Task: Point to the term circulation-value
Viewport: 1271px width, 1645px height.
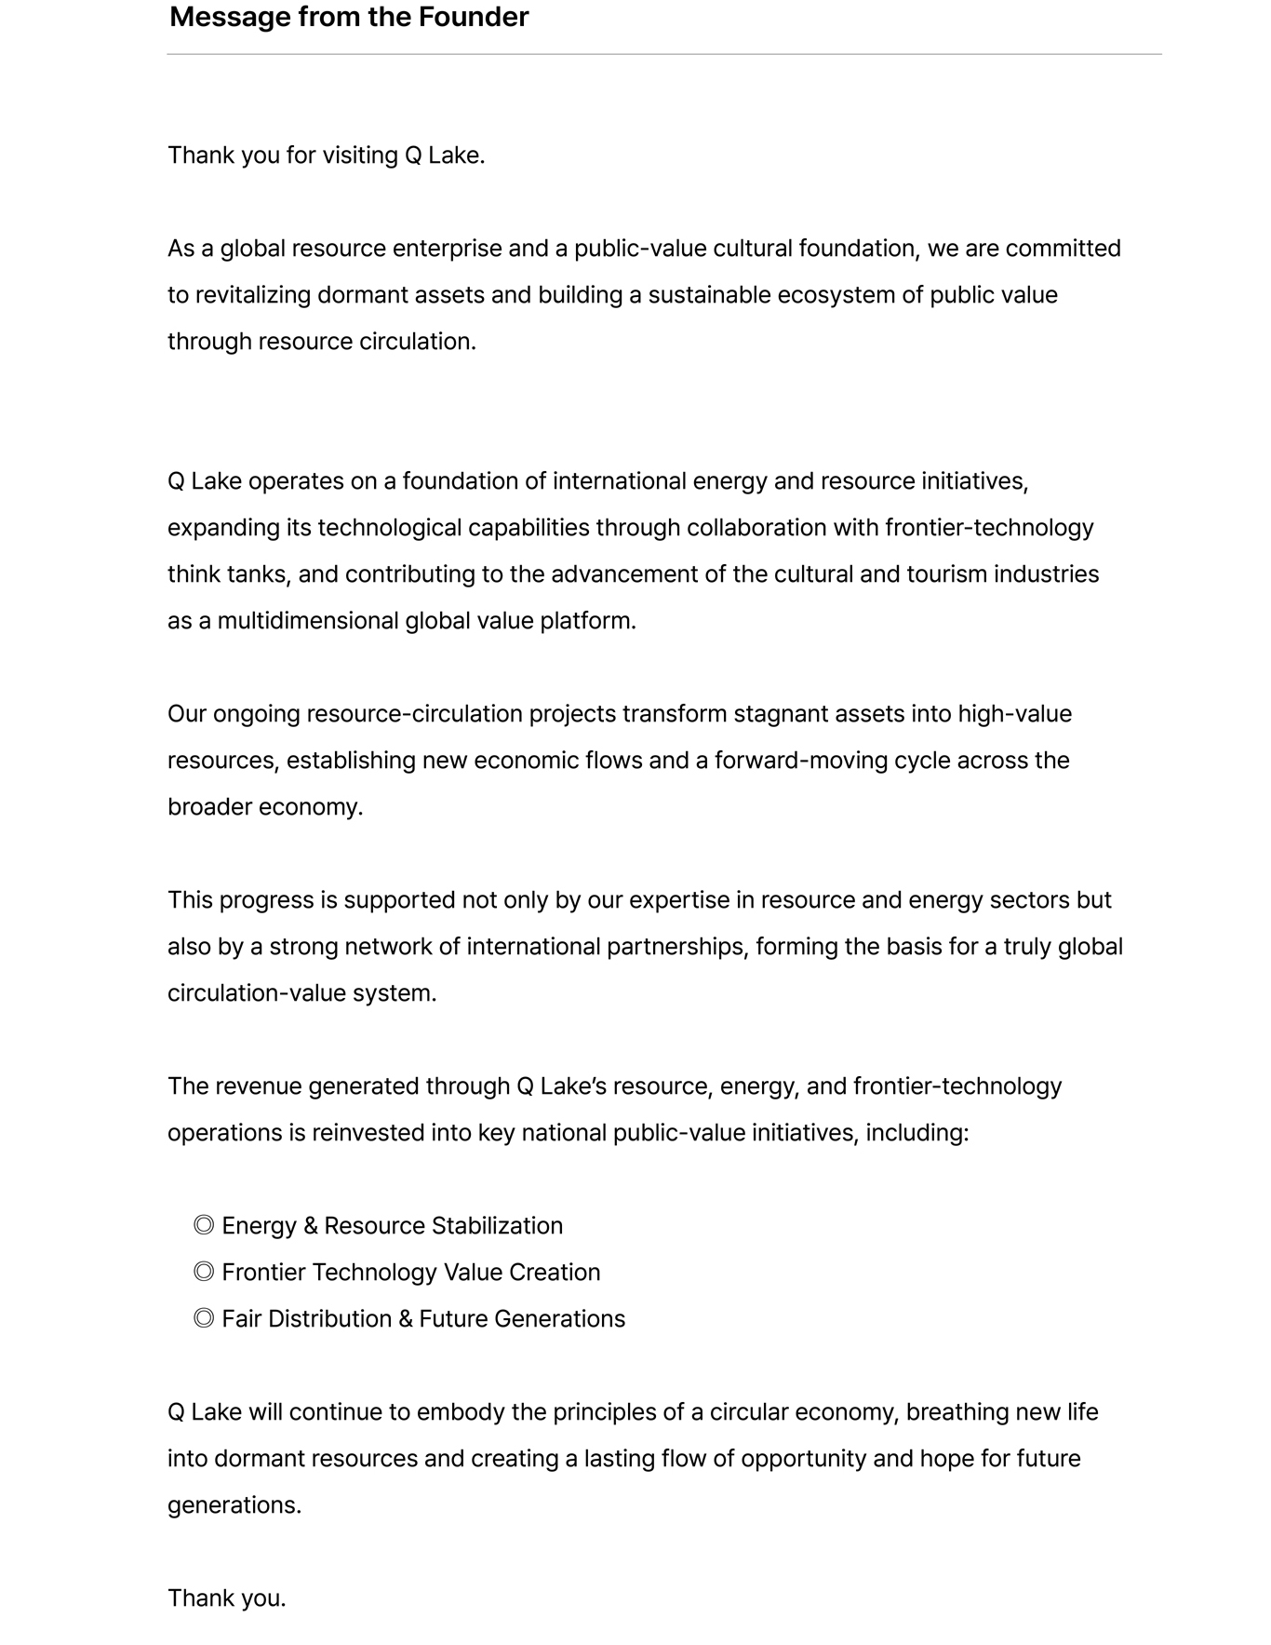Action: tap(256, 993)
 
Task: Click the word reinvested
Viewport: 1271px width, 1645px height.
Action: tap(368, 1133)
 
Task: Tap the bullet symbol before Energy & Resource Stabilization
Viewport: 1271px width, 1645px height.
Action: tap(204, 1225)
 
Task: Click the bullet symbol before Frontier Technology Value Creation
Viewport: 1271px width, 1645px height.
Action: tap(204, 1272)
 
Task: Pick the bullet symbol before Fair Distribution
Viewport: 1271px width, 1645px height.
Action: tap(204, 1318)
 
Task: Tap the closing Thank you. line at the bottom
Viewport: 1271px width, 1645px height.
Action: tap(226, 1598)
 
